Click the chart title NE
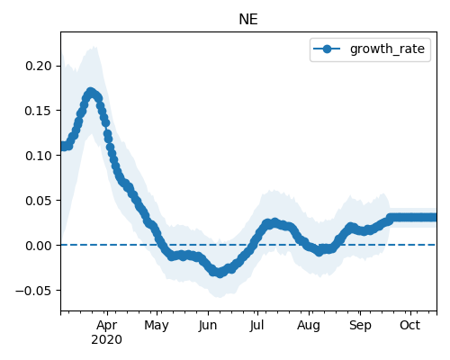pos(248,20)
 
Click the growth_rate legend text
pos(387,49)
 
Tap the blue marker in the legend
pos(327,49)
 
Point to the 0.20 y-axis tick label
pos(39,66)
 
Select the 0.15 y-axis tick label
pos(39,111)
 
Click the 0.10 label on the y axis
pos(39,156)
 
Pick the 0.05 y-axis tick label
pos(39,201)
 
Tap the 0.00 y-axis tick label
pos(39,246)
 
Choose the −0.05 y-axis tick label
pos(33,291)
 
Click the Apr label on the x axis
pos(107,326)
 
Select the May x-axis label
pos(157,326)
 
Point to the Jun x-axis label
pos(208,326)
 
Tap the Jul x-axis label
pos(257,326)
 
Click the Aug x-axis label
pos(309,326)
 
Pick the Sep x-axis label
pos(360,326)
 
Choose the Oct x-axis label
pos(409,326)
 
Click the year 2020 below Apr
pos(107,340)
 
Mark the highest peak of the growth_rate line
pos(91,92)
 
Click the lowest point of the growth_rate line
pos(220,274)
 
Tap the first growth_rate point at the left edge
pos(62,146)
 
